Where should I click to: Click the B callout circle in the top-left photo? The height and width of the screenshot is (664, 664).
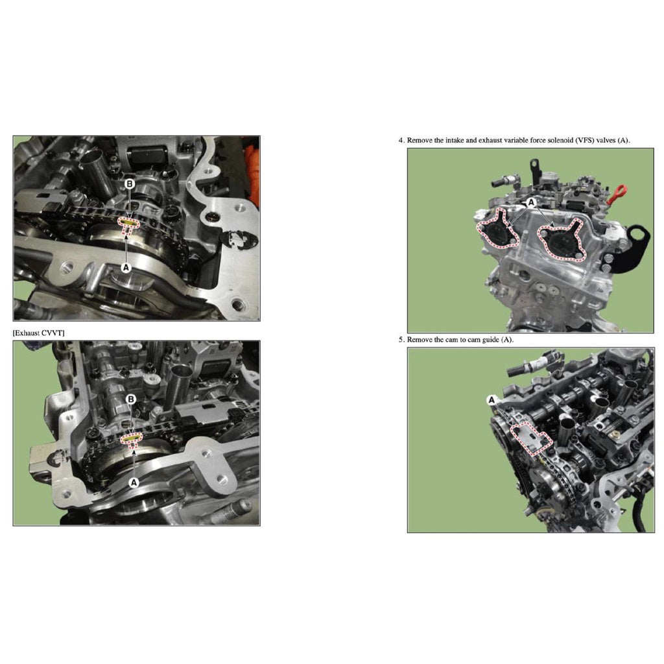point(129,185)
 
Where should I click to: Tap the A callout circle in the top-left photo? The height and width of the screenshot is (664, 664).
point(126,266)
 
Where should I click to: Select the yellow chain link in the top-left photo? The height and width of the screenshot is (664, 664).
point(128,223)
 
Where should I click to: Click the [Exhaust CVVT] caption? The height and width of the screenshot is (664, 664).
point(39,333)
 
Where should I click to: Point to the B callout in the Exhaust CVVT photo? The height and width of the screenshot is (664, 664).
point(130,399)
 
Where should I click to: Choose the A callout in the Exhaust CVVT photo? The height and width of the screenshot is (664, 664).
point(134,482)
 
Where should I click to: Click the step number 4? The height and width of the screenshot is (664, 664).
point(401,140)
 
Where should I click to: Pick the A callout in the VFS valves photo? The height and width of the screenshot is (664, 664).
point(531,203)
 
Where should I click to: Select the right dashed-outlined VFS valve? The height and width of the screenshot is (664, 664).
point(560,239)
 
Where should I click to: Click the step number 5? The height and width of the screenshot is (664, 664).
point(401,339)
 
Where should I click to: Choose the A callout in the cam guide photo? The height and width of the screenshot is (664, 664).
point(492,401)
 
